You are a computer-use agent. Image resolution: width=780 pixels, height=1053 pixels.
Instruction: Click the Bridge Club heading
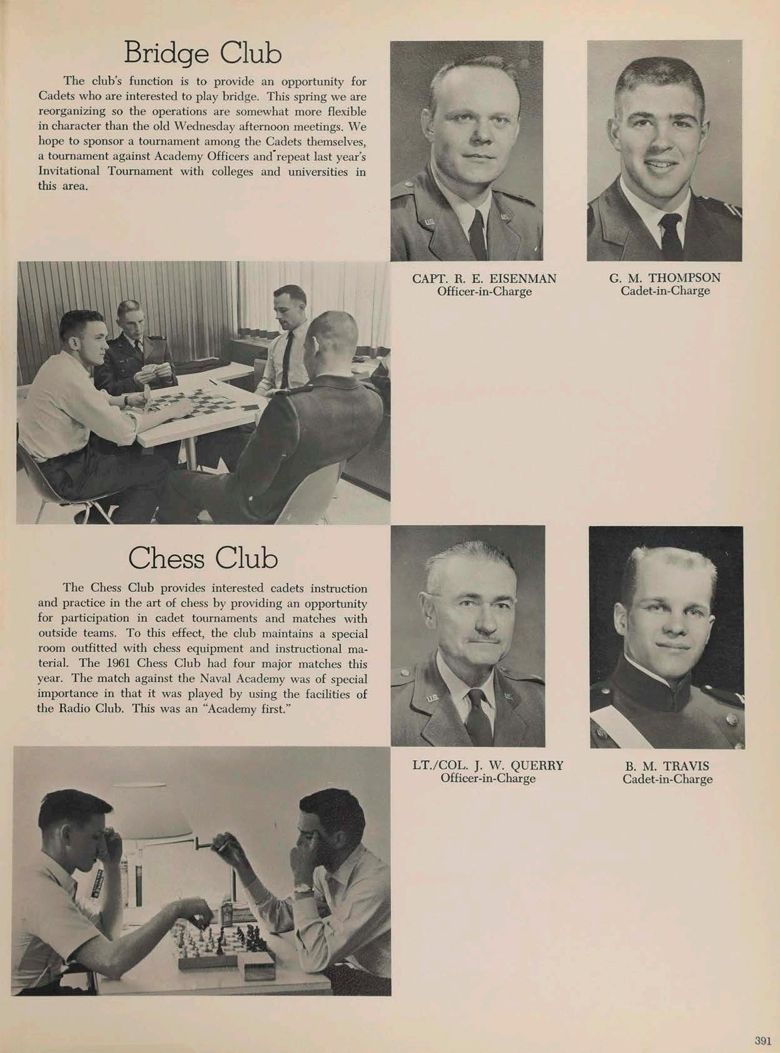pyautogui.click(x=203, y=53)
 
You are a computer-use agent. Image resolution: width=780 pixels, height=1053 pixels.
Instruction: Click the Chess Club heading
pyautogui.click(x=203, y=558)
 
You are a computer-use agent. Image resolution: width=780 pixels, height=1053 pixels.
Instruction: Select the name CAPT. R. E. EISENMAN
pyautogui.click(x=484, y=278)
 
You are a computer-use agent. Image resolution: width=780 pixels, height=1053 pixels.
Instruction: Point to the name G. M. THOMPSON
pyautogui.click(x=664, y=277)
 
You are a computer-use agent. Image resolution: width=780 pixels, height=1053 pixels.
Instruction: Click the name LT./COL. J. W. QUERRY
pyautogui.click(x=488, y=765)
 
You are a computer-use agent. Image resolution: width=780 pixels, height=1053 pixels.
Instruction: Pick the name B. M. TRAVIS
pyautogui.click(x=667, y=766)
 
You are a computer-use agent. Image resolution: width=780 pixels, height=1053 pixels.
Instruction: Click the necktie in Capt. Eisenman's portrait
pyautogui.click(x=478, y=235)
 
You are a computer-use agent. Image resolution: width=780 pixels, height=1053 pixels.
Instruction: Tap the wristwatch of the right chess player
pyautogui.click(x=305, y=888)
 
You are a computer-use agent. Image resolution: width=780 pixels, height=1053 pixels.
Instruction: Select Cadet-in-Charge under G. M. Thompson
pyautogui.click(x=665, y=290)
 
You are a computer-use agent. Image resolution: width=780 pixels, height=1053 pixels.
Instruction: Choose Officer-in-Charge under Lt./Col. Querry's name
pyautogui.click(x=488, y=778)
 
